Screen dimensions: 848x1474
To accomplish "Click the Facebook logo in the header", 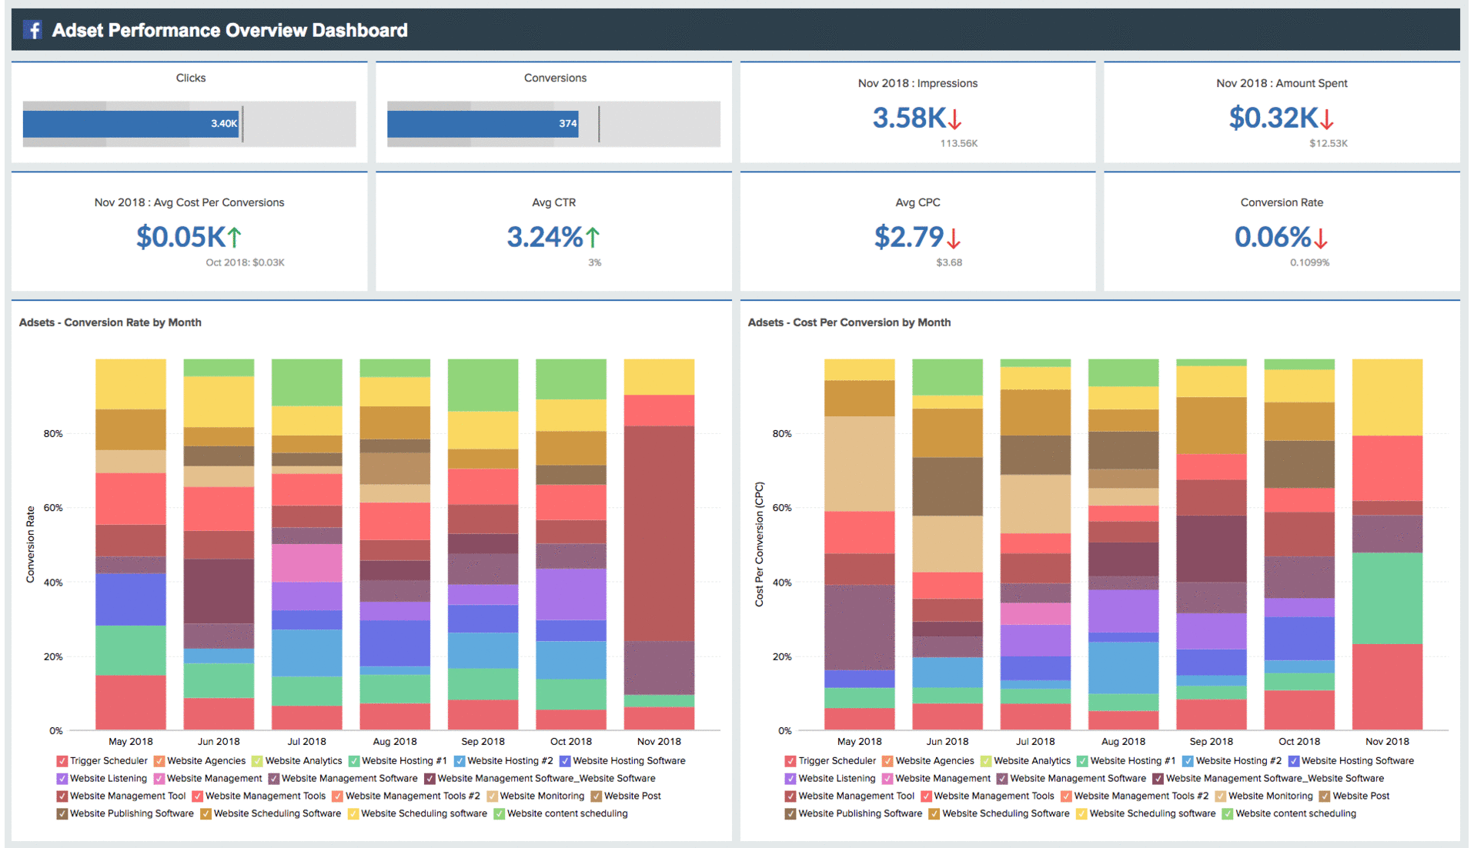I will (32, 30).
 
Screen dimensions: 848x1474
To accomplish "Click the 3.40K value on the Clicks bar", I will (224, 123).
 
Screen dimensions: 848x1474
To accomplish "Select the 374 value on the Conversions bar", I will (567, 123).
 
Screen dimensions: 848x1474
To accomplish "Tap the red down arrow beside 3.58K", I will (955, 119).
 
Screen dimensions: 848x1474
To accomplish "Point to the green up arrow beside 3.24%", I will (593, 237).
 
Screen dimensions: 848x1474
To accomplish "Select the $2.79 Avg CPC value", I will (908, 237).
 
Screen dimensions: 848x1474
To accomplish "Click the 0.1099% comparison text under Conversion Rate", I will (1309, 262).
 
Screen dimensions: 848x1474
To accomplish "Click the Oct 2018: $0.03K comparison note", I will (245, 262).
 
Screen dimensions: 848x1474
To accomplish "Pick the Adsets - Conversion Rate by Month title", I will (110, 322).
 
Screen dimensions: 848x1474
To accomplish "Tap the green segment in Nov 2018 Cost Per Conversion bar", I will (1387, 598).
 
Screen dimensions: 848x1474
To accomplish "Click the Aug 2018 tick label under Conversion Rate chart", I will (395, 742).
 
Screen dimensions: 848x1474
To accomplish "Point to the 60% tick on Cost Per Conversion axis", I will (781, 508).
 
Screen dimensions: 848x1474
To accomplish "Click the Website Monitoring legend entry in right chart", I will (1269, 796).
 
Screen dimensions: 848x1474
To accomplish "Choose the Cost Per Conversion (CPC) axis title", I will (760, 544).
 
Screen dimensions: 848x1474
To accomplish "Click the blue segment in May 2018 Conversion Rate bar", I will (131, 599).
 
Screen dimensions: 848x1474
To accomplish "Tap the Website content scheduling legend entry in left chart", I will (567, 814).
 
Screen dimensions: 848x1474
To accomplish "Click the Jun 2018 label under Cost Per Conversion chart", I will (947, 742).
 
